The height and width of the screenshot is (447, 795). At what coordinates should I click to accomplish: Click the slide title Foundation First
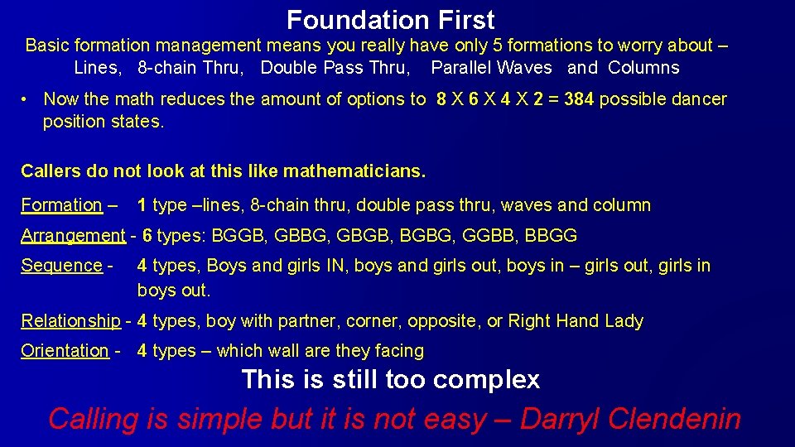(390, 19)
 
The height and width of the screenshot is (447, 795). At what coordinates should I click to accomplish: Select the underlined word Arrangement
(73, 236)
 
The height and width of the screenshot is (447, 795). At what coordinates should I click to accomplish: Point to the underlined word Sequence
(61, 266)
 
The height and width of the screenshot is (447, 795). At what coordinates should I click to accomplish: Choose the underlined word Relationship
(70, 321)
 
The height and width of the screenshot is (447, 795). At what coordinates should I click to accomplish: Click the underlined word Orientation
(65, 351)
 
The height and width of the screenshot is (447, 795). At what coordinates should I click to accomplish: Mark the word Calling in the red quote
(94, 419)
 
